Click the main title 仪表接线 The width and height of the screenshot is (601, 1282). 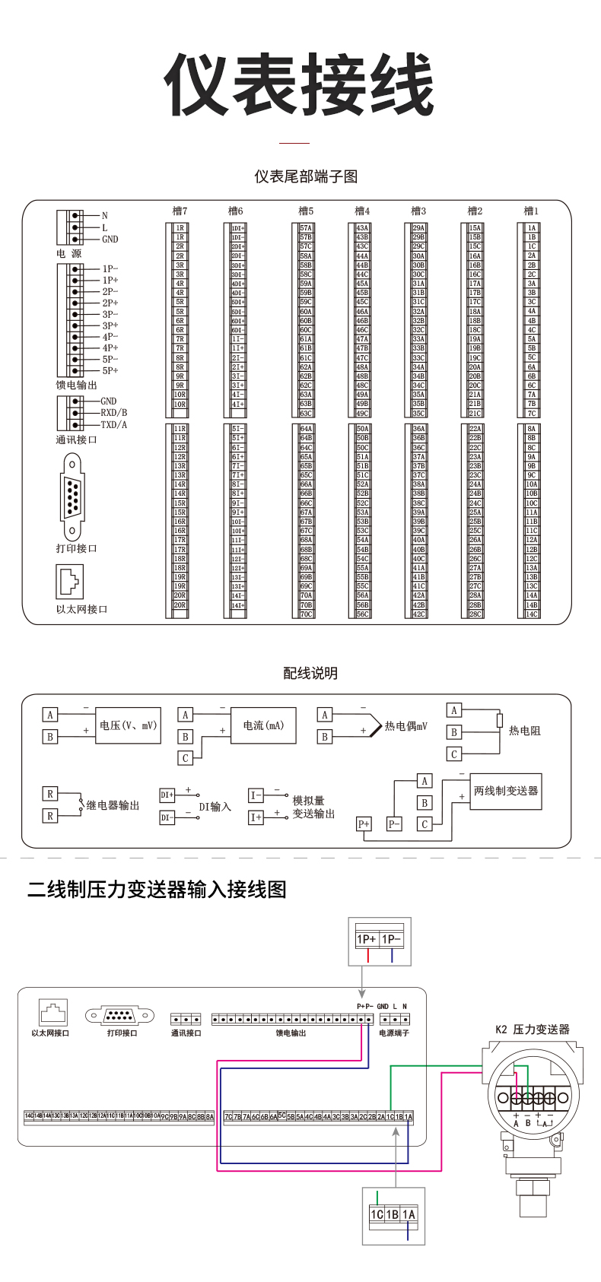(300, 84)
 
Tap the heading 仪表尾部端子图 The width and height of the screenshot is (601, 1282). (306, 176)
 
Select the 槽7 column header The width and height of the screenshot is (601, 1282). (180, 211)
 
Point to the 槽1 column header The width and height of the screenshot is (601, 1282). (531, 211)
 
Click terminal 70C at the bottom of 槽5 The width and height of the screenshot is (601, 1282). (306, 614)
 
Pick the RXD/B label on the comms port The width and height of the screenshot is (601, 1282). (114, 413)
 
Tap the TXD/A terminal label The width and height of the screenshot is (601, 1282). (114, 425)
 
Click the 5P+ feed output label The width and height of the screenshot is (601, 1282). (110, 371)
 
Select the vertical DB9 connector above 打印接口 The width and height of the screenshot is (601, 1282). (72, 497)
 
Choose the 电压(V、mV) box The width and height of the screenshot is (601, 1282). (128, 725)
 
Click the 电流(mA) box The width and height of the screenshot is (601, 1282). (263, 725)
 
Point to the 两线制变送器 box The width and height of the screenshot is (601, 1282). (505, 791)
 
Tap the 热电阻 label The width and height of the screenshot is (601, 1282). (524, 731)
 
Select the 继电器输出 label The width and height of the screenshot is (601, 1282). (113, 805)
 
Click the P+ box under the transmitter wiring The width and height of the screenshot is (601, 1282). (364, 824)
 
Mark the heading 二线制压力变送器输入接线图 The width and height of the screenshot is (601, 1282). (157, 889)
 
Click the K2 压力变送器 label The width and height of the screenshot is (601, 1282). (533, 1030)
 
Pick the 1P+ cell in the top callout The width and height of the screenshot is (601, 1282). (367, 939)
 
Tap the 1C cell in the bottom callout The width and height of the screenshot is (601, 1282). (376, 1214)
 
